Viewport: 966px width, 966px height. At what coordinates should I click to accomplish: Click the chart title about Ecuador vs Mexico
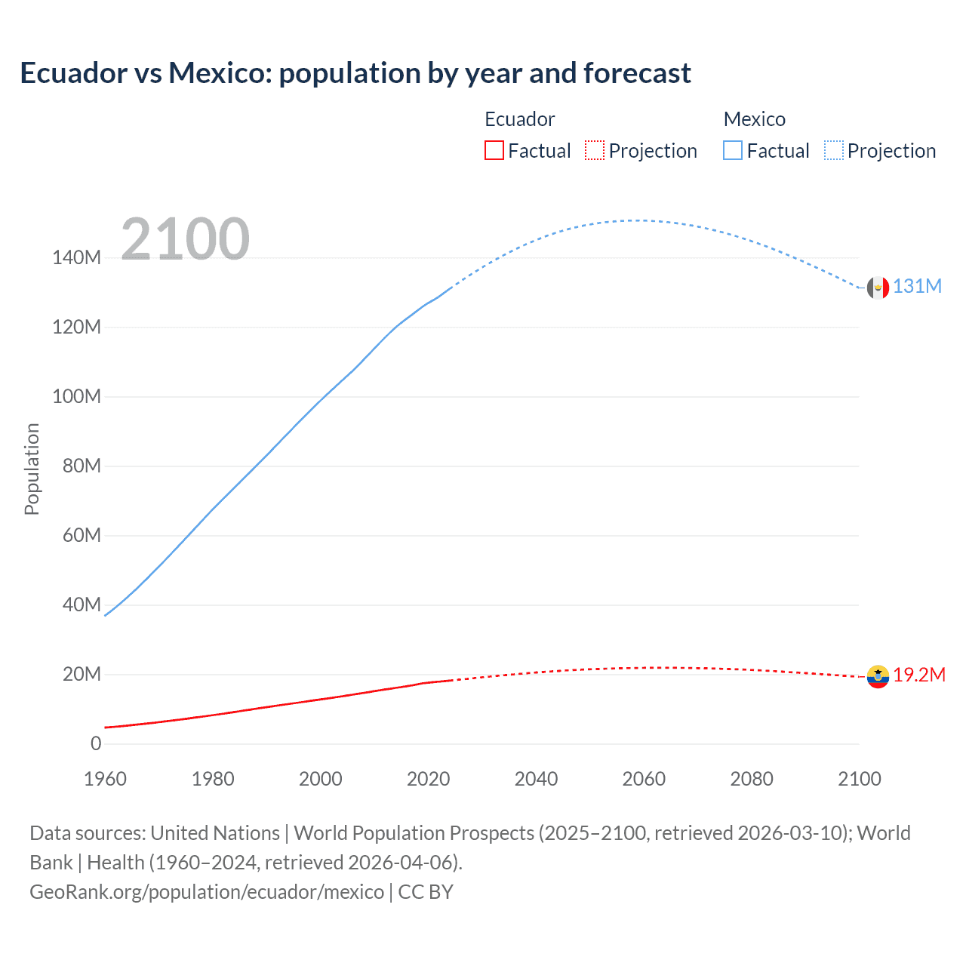pos(355,73)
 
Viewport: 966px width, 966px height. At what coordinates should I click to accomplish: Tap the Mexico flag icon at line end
pos(878,288)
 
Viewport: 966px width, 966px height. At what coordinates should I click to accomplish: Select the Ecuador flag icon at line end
pos(878,676)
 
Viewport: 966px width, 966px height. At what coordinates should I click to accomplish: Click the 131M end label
pos(917,287)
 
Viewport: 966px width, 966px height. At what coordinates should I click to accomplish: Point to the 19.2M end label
pos(918,675)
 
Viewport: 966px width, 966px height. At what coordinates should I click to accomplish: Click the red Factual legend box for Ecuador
pos(494,151)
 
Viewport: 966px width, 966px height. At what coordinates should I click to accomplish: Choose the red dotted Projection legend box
pos(595,151)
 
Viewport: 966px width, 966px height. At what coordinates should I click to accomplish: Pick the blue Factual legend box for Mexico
pos(733,151)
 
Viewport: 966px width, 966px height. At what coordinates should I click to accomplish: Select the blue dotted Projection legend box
pos(834,151)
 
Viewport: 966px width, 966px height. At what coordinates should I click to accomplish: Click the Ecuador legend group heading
pos(519,119)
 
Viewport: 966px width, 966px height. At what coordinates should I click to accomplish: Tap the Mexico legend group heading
pos(754,119)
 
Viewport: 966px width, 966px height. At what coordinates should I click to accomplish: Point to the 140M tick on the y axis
pos(76,258)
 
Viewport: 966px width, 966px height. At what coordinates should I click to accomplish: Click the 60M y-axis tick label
pos(81,536)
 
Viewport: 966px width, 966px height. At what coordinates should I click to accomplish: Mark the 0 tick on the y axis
pos(96,744)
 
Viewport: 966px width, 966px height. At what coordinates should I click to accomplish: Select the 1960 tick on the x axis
pos(105,779)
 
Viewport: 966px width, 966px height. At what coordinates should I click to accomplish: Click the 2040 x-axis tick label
pos(536,779)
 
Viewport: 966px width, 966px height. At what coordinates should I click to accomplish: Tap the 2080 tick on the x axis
pos(752,779)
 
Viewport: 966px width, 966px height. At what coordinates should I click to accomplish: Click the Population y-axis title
pos(32,469)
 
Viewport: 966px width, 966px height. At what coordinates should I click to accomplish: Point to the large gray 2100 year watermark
pos(185,239)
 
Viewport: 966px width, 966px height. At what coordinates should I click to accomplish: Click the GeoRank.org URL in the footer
pos(207,892)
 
